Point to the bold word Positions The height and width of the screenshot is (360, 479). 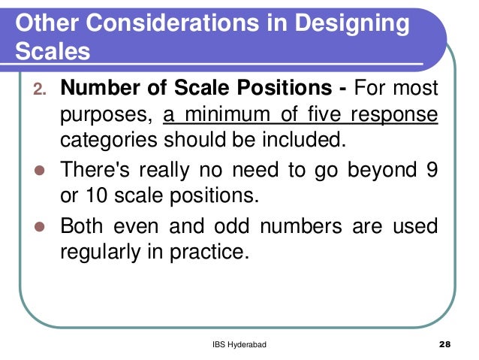click(281, 89)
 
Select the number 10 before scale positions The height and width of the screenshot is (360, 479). click(93, 195)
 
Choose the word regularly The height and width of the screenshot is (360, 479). click(104, 251)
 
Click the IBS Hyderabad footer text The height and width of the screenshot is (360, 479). click(239, 345)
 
